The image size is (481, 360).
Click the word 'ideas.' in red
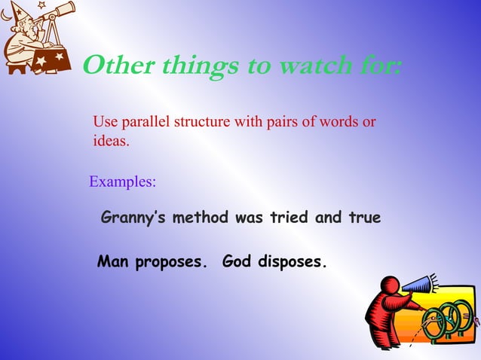tap(111, 141)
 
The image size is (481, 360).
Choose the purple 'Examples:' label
tap(123, 182)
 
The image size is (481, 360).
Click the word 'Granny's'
tap(133, 218)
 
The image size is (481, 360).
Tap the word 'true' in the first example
tap(363, 218)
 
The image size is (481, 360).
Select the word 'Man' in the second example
tap(113, 263)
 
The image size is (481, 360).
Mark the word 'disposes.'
tap(293, 264)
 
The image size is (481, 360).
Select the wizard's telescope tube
tap(60, 12)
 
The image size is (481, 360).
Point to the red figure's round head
tap(391, 285)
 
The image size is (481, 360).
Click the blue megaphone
tap(418, 285)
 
